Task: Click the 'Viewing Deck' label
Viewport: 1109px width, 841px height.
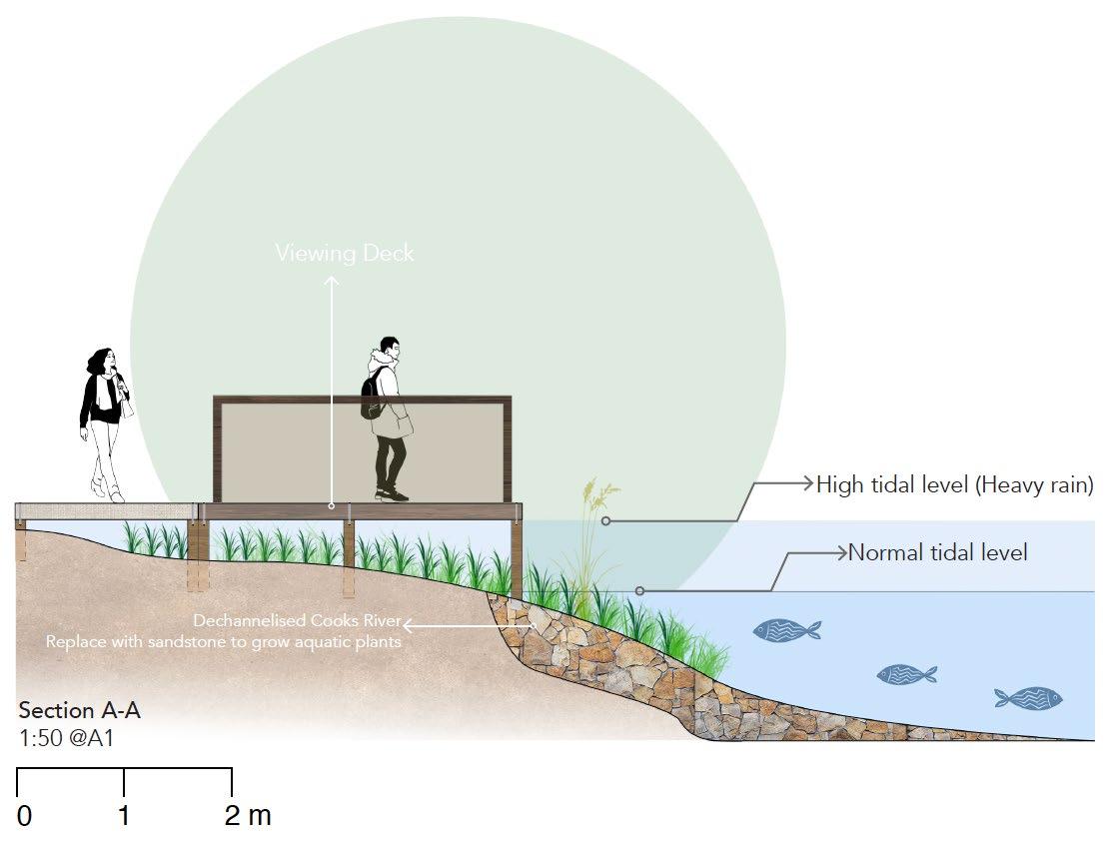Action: (344, 253)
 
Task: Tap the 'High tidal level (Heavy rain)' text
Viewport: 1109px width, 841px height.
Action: (954, 485)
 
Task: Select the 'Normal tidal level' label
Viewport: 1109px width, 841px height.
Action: (937, 552)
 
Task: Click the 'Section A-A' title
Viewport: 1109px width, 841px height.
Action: (80, 711)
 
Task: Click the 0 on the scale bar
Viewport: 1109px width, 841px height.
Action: (24, 816)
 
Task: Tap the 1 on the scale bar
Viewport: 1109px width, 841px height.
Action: (124, 816)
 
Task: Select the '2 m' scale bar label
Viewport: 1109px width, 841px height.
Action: (248, 816)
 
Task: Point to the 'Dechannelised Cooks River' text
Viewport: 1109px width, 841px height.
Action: (297, 621)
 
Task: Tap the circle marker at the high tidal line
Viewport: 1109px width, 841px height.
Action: (606, 520)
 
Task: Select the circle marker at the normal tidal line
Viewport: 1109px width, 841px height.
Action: (640, 591)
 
